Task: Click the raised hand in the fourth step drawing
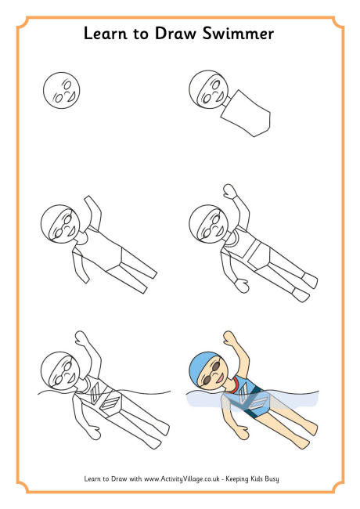click(229, 191)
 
